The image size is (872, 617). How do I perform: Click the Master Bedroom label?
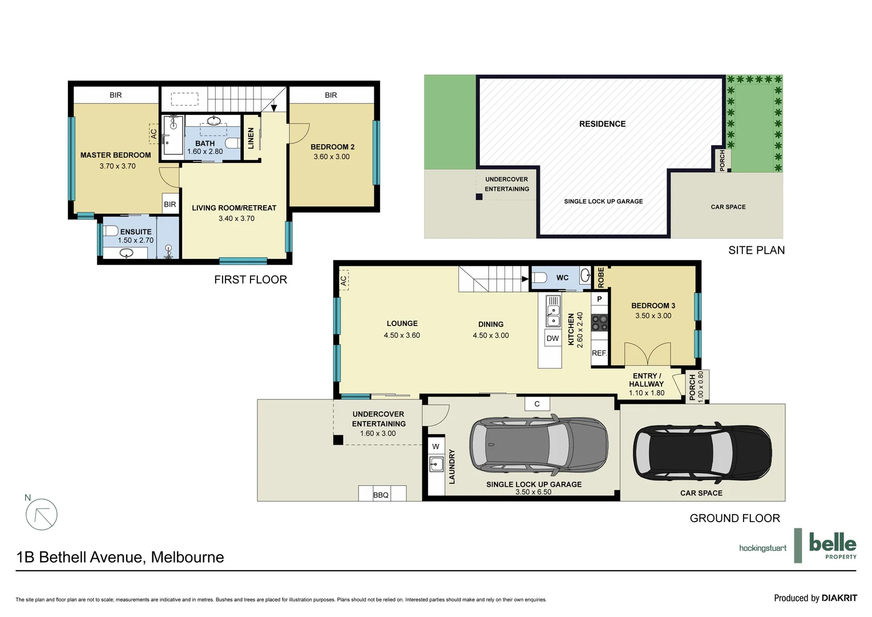coord(115,155)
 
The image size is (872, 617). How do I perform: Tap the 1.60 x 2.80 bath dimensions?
coord(205,152)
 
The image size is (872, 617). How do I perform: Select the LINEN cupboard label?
coord(251,138)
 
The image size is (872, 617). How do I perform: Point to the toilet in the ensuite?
coord(111,231)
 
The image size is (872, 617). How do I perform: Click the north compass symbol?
coord(41,514)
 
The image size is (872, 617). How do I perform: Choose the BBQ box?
coord(381,494)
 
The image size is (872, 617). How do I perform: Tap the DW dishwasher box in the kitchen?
coord(552,338)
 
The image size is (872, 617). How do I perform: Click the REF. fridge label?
coord(599,353)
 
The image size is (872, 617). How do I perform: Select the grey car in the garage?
coord(538,445)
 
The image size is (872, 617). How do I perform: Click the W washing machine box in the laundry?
coord(436,446)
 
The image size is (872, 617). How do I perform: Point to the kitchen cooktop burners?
coord(599,323)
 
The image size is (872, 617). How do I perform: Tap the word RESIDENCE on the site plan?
coord(602,124)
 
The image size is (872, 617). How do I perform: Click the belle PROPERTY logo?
coord(832,546)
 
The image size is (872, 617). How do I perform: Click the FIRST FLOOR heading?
coord(251,279)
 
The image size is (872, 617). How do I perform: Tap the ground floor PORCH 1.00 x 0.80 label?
coord(696,386)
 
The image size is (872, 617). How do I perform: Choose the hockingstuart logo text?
coord(762,548)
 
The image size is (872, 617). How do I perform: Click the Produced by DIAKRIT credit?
coord(815,598)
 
